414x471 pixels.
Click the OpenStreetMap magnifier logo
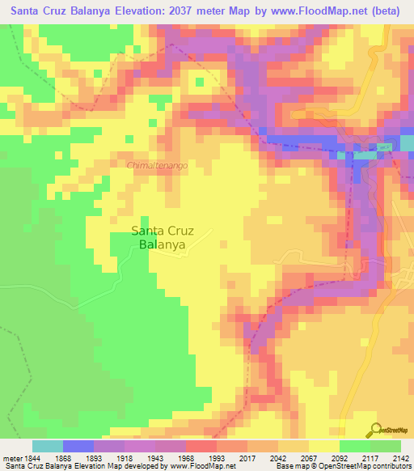pyautogui.click(x=376, y=430)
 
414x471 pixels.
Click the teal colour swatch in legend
pyautogui.click(x=48, y=446)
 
